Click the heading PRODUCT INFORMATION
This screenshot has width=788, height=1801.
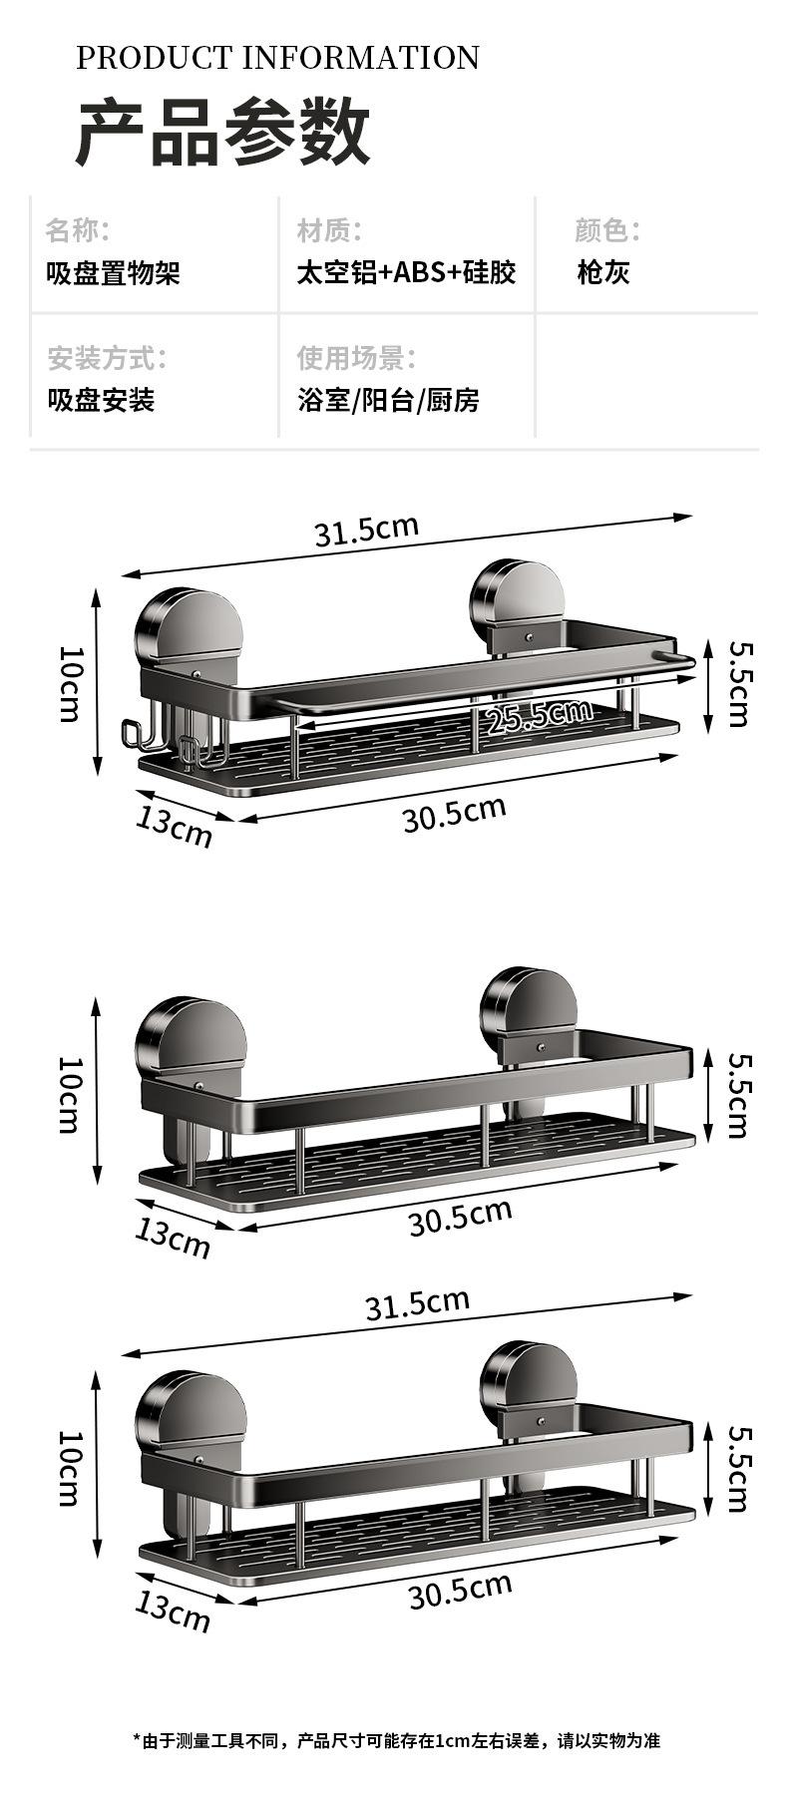[x=277, y=58]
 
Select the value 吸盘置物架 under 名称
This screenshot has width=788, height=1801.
[x=114, y=272]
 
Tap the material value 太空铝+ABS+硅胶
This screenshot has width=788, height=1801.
[x=406, y=272]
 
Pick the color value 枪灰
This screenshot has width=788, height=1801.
[x=602, y=272]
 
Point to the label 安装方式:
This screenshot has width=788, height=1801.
[x=108, y=357]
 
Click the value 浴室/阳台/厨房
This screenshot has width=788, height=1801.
[x=388, y=400]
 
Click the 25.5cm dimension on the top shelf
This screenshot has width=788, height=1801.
[x=539, y=715]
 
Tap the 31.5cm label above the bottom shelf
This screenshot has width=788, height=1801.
[x=417, y=1303]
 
